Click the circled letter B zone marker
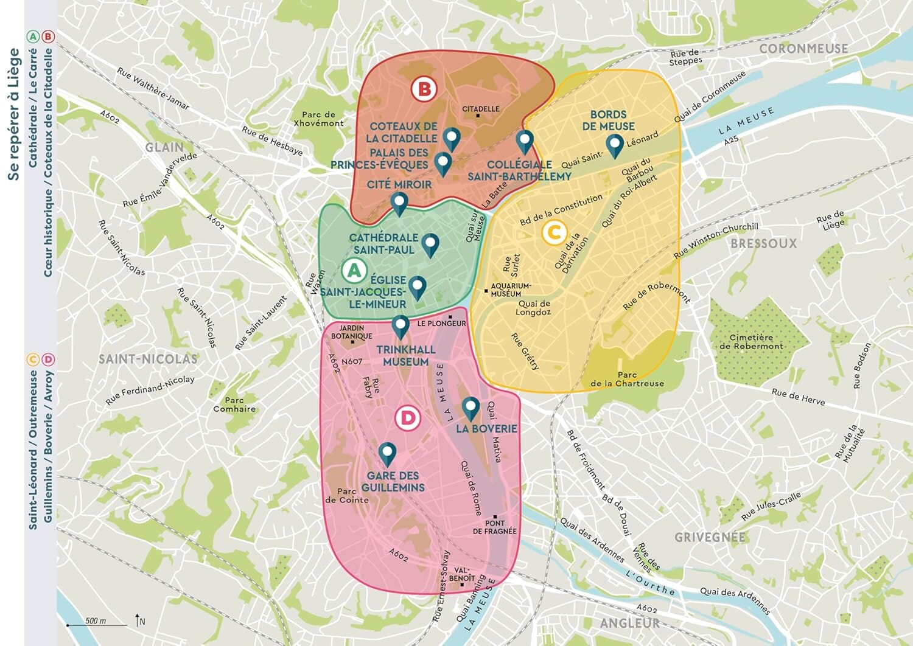click(x=424, y=89)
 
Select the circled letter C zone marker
click(x=554, y=232)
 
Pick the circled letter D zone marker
click(x=407, y=419)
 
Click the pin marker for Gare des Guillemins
click(x=387, y=454)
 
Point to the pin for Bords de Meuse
click(x=615, y=145)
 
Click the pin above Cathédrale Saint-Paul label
click(x=430, y=245)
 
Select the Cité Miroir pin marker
click(x=399, y=203)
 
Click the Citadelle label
click(x=480, y=109)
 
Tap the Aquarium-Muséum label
click(x=511, y=290)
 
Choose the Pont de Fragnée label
click(x=494, y=527)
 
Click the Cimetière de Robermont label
click(x=751, y=342)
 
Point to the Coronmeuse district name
click(x=803, y=49)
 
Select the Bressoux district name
click(x=763, y=244)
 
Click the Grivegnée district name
click(x=710, y=537)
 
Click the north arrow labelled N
click(x=139, y=620)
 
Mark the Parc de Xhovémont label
click(x=318, y=119)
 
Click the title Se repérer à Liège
click(x=13, y=115)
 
